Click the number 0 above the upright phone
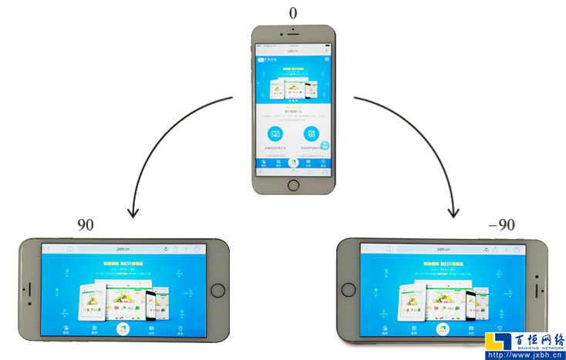[293, 13]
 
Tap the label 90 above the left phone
[86, 225]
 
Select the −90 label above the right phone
[501, 225]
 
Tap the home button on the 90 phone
[217, 291]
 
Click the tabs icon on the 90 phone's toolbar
[197, 249]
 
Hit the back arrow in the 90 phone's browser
[49, 249]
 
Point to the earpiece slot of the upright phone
[293, 38]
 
